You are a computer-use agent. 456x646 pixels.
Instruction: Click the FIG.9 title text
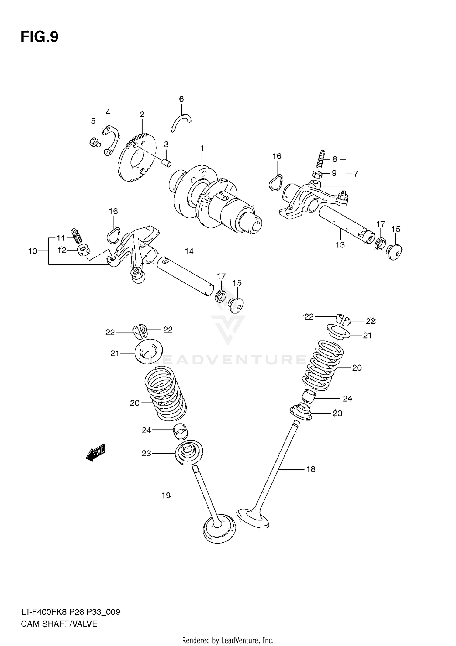40,37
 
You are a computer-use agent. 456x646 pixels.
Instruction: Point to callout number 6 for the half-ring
181,99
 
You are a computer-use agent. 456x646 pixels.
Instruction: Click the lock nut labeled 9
317,174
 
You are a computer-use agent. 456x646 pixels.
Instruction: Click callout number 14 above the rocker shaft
189,251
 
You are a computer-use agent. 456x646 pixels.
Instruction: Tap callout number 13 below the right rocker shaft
340,245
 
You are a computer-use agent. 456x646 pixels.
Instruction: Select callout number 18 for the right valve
311,469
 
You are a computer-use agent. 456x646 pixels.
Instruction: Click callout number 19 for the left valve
166,496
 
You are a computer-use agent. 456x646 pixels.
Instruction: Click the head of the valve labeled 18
253,517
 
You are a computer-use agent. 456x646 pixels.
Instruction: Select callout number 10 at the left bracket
33,251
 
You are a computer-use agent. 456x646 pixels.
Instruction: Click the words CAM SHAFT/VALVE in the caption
59,624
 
